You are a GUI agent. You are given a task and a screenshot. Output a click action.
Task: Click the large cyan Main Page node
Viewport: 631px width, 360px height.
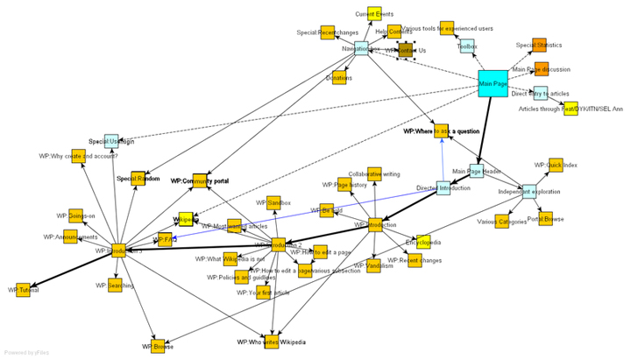(493, 84)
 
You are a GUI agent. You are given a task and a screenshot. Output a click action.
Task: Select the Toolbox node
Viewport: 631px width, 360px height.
(469, 46)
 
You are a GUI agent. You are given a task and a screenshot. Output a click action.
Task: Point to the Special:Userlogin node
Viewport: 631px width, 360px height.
(111, 141)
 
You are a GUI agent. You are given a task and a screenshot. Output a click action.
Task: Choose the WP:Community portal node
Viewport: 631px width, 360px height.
(200, 180)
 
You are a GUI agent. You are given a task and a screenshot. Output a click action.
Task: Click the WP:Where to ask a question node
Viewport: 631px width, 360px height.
(442, 131)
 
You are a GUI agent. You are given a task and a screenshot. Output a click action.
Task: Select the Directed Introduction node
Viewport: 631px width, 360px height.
(443, 187)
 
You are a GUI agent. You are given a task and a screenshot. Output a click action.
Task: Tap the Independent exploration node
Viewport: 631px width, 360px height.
(528, 191)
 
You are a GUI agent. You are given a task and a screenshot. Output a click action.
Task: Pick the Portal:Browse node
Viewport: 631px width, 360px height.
(546, 219)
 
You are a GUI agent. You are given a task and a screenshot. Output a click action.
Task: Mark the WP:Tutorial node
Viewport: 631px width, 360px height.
(24, 289)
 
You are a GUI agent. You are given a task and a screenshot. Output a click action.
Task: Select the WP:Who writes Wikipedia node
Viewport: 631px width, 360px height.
(272, 342)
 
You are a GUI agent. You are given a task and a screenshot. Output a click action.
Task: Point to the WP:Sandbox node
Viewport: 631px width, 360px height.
(273, 203)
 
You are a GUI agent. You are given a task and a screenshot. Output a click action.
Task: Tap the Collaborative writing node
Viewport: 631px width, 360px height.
(374, 174)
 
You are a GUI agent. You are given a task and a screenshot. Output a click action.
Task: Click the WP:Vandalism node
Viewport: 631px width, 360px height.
(374, 265)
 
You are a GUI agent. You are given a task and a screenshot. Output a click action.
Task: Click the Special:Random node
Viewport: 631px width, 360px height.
(138, 179)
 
